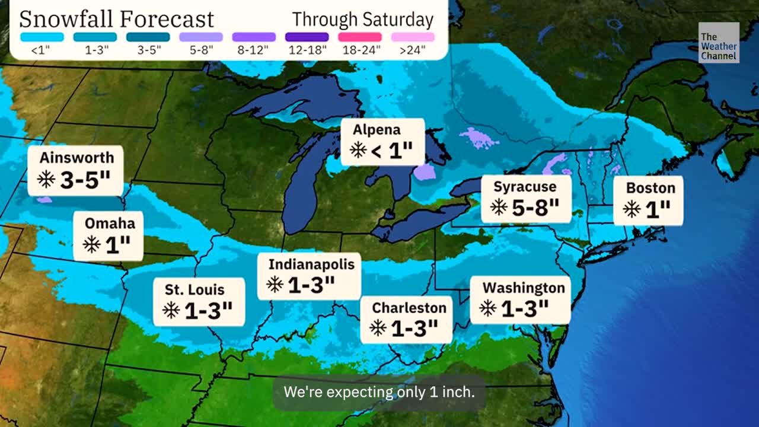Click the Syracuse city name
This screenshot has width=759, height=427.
pyautogui.click(x=525, y=187)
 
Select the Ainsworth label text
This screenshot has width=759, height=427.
pyautogui.click(x=76, y=158)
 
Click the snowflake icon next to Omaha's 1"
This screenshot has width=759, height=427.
pyautogui.click(x=91, y=244)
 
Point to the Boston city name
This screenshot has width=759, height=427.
pyautogui.click(x=650, y=188)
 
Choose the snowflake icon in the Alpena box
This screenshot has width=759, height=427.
pyautogui.click(x=358, y=150)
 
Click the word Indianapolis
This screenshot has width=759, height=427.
pyautogui.click(x=311, y=264)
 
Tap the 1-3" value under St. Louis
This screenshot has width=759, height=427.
pyautogui.click(x=208, y=310)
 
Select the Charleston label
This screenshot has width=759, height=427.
pyautogui.click(x=409, y=308)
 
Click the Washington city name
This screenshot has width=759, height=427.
pyautogui.click(x=524, y=288)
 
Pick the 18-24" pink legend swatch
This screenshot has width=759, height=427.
pyautogui.click(x=359, y=37)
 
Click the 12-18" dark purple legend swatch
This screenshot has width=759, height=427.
pyautogui.click(x=307, y=37)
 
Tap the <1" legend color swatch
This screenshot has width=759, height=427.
pyautogui.click(x=41, y=37)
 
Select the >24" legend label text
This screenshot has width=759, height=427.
pyautogui.click(x=413, y=50)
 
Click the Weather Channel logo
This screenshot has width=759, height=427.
pyautogui.click(x=719, y=43)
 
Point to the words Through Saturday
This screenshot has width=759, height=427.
pyautogui.click(x=363, y=20)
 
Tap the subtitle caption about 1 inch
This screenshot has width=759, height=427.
pyautogui.click(x=379, y=392)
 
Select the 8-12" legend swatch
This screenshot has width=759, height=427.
pyautogui.click(x=254, y=37)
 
